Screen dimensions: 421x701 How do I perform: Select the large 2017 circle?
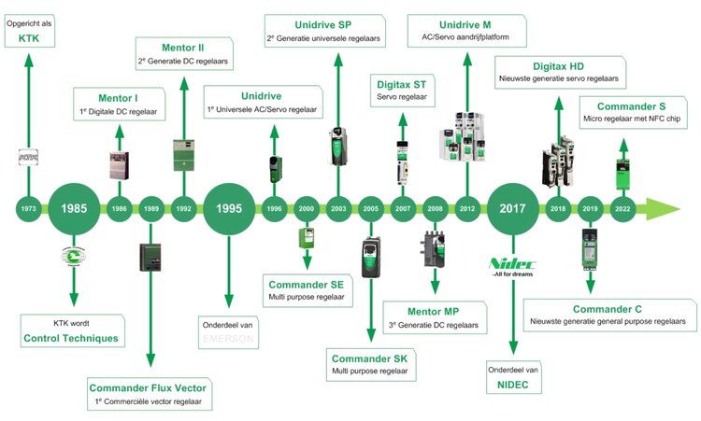(513, 207)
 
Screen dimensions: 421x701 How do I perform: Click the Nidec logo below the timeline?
(512, 264)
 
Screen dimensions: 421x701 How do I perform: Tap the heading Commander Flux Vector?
(150, 387)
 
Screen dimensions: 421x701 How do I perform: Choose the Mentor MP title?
(434, 310)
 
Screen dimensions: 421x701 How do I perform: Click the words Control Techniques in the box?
(71, 338)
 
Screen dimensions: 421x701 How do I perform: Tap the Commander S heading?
(632, 106)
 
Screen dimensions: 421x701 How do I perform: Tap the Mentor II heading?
(183, 47)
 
